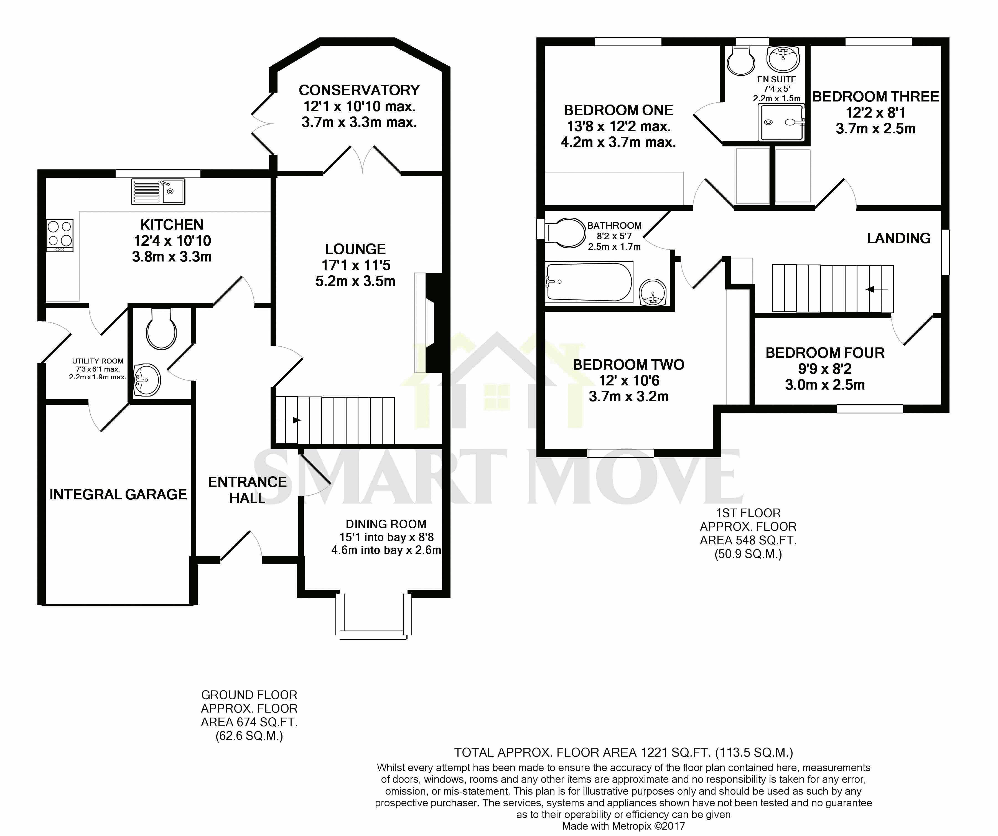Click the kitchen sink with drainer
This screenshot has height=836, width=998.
158,192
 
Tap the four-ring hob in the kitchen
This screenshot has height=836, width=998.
60,235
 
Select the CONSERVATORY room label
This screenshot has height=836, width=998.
359,90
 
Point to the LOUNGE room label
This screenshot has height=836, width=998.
355,249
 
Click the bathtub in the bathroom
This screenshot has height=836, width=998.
589,282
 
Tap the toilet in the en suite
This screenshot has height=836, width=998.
741,60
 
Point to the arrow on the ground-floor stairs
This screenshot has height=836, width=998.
290,420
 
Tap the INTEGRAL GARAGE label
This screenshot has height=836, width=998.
118,494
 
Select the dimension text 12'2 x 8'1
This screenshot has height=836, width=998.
876,113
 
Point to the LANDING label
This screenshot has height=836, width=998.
899,238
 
